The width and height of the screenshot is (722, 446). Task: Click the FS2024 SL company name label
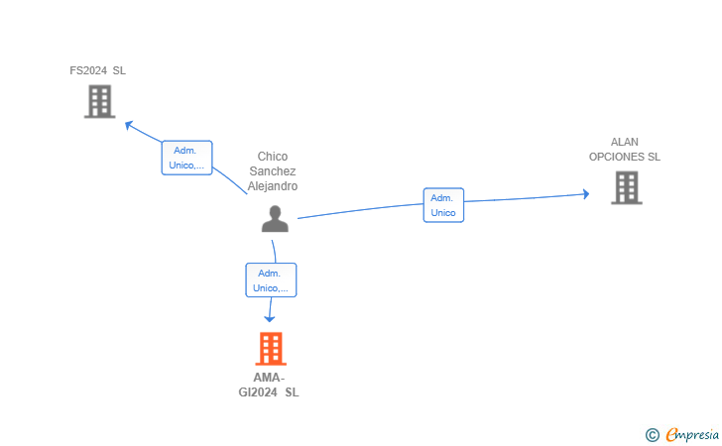pos(97,70)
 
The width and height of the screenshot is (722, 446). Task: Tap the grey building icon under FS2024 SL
pos(100,102)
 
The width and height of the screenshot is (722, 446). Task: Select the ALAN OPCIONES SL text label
pos(625,149)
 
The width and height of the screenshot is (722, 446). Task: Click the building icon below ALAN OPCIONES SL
pos(627,187)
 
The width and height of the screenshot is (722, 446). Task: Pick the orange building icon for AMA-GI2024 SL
pos(271,349)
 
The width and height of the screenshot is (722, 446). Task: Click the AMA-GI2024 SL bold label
pos(269,385)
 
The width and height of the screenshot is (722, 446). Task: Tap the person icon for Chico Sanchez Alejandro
pos(275,219)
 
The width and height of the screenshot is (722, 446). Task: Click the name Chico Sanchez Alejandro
pos(273,171)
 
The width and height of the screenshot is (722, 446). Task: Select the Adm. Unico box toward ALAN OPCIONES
pos(443,205)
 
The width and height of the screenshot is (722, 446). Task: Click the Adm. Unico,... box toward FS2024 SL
pos(186,158)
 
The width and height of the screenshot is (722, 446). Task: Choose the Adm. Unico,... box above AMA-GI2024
pos(271,280)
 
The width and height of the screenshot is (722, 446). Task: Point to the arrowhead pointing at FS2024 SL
pos(129,125)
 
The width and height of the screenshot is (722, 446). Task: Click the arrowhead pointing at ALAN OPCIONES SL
pos(586,194)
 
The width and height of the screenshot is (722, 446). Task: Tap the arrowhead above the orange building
pos(270,318)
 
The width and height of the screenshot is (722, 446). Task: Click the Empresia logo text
pos(692,434)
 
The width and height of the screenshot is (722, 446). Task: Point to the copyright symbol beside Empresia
pos(653,435)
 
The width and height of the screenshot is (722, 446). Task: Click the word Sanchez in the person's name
pos(273,171)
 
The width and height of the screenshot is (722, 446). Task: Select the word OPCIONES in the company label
pos(617,157)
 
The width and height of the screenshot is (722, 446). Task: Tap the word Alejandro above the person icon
pos(273,186)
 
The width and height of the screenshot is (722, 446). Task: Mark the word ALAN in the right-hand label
pos(625,142)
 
